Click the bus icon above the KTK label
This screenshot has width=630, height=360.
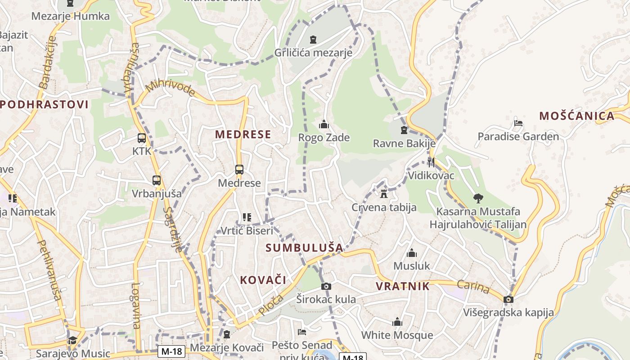tap(142, 138)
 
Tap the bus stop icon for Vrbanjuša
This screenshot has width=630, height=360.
tap(157, 180)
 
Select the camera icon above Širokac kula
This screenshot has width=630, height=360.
tap(326, 286)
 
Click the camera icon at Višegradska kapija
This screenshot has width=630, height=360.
tap(508, 299)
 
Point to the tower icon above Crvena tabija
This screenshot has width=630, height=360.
tap(384, 194)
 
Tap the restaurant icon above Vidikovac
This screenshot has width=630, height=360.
tap(431, 162)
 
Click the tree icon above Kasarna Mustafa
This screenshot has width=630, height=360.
tap(478, 198)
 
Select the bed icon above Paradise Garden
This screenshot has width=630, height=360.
tap(518, 123)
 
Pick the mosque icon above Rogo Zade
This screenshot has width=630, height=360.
tap(324, 124)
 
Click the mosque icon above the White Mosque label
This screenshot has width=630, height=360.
tap(397, 322)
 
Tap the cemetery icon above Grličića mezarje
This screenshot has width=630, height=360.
tap(313, 40)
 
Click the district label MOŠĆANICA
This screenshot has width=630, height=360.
tap(577, 116)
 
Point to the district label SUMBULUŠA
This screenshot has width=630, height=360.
tap(304, 247)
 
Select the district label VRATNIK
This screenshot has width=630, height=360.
tap(402, 286)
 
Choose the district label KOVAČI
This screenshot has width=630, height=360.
tap(263, 280)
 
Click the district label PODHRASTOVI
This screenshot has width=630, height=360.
tap(44, 105)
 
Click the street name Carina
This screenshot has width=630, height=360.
tap(473, 287)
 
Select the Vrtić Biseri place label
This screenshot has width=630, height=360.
tap(247, 231)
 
